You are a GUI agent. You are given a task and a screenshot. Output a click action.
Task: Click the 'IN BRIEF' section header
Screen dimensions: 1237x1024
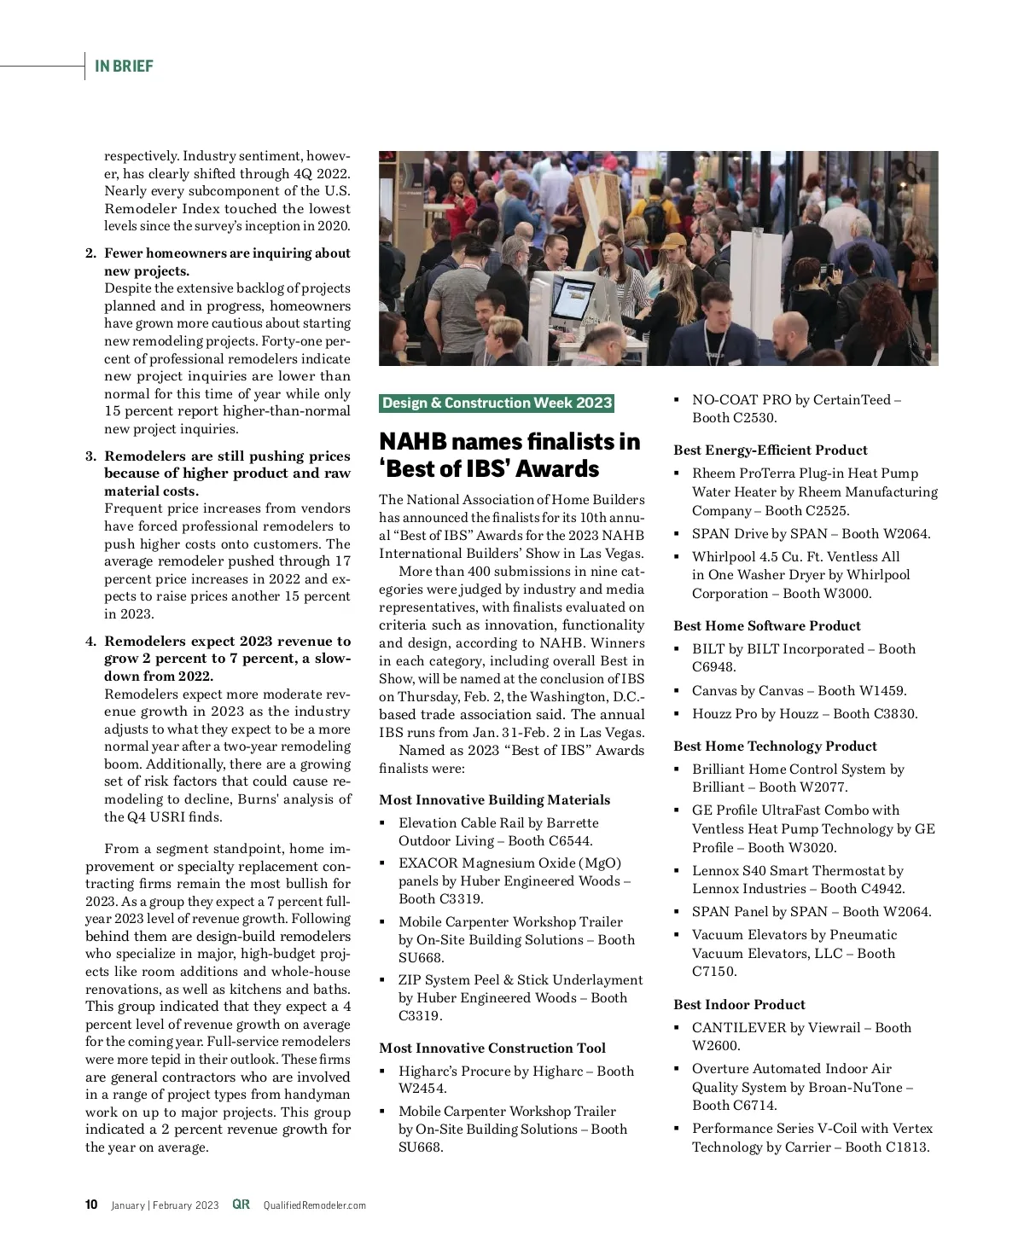[x=124, y=66]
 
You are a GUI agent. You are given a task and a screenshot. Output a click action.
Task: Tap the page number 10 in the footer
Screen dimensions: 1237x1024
[x=91, y=1205]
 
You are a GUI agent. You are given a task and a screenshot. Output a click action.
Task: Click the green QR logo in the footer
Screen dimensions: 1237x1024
[x=241, y=1205]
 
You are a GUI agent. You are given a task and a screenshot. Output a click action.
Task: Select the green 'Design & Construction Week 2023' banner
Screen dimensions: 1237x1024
[x=497, y=403]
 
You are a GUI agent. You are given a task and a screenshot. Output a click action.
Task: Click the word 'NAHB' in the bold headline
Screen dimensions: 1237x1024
[x=413, y=441]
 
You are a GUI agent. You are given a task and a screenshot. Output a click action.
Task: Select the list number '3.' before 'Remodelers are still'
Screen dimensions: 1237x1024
[x=91, y=456]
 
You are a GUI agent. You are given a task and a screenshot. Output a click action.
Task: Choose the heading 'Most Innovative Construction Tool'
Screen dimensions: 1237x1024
[x=492, y=1048]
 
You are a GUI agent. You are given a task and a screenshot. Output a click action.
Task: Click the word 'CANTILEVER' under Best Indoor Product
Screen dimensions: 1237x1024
[x=739, y=1027]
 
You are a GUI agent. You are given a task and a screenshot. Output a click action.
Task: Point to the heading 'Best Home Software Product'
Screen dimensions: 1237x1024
[x=767, y=625]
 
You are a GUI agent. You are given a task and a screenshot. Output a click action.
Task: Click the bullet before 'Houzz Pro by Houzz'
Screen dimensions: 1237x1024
[x=676, y=713]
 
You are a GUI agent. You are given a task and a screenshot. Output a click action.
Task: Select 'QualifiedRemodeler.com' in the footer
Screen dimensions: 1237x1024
[x=314, y=1205]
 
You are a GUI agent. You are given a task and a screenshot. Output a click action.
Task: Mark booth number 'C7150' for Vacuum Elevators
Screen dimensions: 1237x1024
[x=714, y=971]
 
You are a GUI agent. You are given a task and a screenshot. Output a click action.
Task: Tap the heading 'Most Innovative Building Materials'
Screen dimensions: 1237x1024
[x=494, y=799]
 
